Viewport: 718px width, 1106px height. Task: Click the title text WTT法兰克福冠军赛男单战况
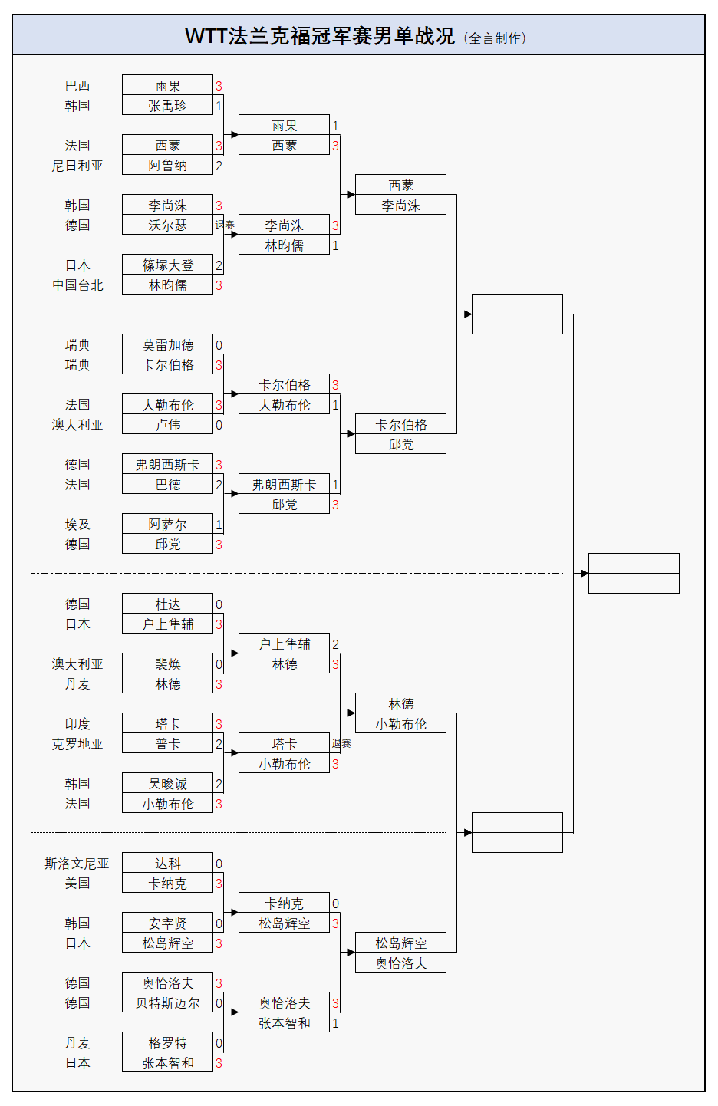click(x=319, y=36)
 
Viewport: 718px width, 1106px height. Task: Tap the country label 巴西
click(x=77, y=86)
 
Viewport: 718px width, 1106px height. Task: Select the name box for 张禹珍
click(x=167, y=106)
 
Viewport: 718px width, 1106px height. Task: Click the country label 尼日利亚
click(x=77, y=166)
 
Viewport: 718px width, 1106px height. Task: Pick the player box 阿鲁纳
click(x=167, y=166)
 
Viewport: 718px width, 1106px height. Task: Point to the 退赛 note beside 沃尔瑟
click(x=225, y=225)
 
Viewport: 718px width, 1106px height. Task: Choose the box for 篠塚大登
click(x=167, y=265)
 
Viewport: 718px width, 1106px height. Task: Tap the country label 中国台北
click(x=77, y=285)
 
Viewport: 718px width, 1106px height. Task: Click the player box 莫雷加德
click(x=167, y=345)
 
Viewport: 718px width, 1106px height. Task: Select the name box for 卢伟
click(x=167, y=425)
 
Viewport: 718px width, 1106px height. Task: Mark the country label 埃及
click(x=77, y=525)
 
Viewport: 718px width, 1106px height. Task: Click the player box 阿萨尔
click(x=167, y=525)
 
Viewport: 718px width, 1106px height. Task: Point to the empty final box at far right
click(x=634, y=573)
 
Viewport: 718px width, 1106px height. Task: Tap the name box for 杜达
click(x=167, y=604)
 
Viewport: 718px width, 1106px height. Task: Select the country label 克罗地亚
click(x=77, y=744)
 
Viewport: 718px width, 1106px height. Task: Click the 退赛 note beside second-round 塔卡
click(x=341, y=743)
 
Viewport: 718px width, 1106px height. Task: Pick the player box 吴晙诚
click(x=167, y=784)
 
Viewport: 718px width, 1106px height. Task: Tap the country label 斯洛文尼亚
click(x=77, y=864)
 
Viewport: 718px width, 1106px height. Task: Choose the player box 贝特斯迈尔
click(x=167, y=1003)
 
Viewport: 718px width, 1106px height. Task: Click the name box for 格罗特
click(x=167, y=1043)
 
